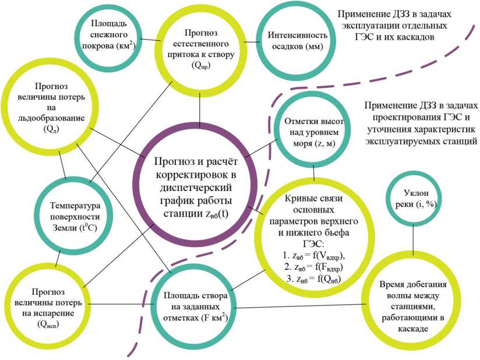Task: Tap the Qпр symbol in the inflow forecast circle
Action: (x=200, y=65)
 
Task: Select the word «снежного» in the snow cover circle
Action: (x=105, y=35)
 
